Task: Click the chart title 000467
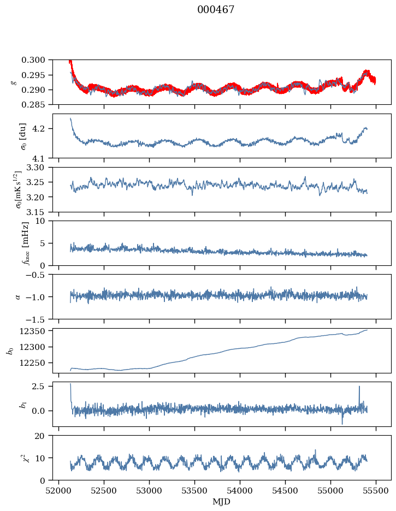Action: click(216, 10)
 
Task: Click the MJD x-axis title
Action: click(222, 501)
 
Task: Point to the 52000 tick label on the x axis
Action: click(59, 490)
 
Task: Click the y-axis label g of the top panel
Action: click(13, 82)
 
